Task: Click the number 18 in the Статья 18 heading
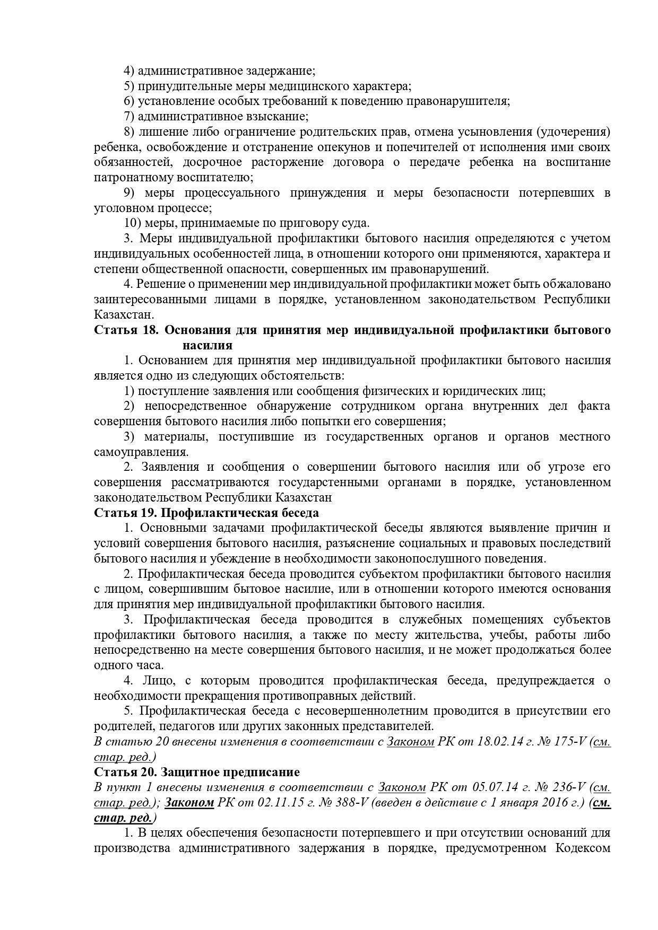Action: click(x=151, y=330)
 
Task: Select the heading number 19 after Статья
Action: click(x=151, y=513)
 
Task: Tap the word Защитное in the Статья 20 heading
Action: click(x=185, y=772)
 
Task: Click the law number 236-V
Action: click(x=563, y=787)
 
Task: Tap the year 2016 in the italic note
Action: click(x=556, y=803)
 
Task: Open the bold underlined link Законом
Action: click(x=189, y=803)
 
